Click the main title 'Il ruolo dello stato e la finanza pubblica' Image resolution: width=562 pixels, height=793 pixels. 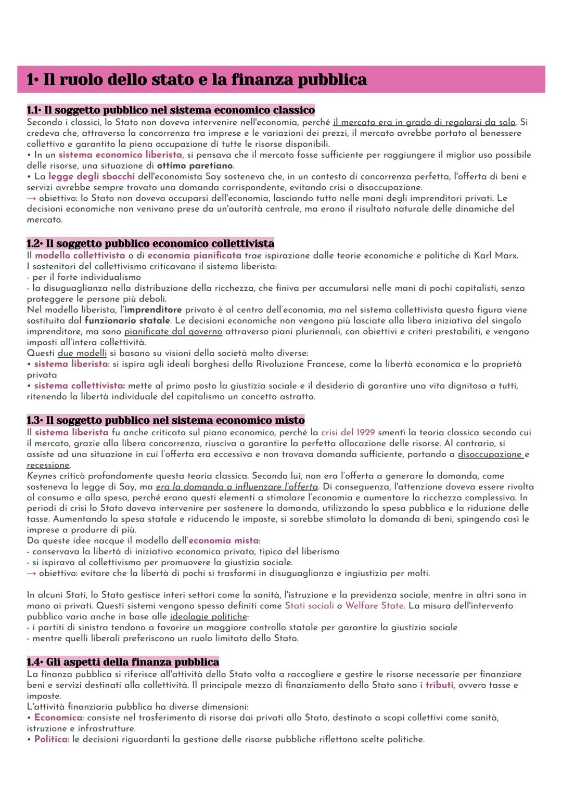pos(197,80)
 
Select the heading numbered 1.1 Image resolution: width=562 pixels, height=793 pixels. pos(171,110)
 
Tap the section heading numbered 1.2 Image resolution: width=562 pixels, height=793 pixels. pos(150,243)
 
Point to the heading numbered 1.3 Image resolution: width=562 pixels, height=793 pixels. pos(165,420)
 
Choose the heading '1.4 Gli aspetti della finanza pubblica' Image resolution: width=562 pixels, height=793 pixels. pos(123,662)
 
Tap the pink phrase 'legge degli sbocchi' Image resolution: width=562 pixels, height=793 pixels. pos(92,176)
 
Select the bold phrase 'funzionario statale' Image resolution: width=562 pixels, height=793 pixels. pos(127,320)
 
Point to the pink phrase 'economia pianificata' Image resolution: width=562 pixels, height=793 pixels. pos(194,255)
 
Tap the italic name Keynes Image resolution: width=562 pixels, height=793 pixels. pos(41,476)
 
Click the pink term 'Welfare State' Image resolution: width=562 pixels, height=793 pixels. pos(374,606)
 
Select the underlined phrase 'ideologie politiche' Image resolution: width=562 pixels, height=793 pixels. pos(208,617)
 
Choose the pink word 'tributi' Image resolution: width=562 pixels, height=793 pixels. pos(439,685)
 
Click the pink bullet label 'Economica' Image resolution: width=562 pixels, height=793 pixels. pos(58,718)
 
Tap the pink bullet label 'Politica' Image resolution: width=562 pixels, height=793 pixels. pos(50,739)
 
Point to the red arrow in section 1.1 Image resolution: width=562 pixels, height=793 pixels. pos(31,199)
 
